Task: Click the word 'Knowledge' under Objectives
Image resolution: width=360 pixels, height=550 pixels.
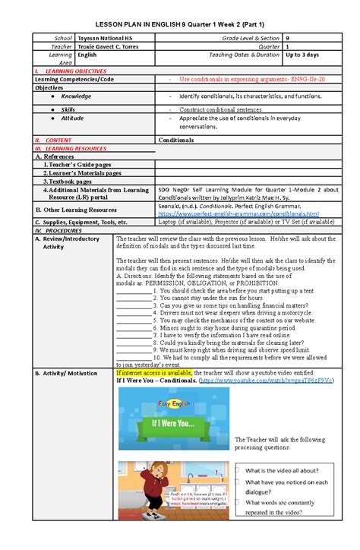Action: click(x=77, y=96)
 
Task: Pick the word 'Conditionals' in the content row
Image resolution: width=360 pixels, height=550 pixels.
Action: click(x=175, y=141)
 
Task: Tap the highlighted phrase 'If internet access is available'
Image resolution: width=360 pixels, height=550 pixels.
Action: click(x=154, y=374)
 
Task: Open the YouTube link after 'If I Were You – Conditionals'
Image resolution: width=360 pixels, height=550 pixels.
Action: click(x=266, y=381)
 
